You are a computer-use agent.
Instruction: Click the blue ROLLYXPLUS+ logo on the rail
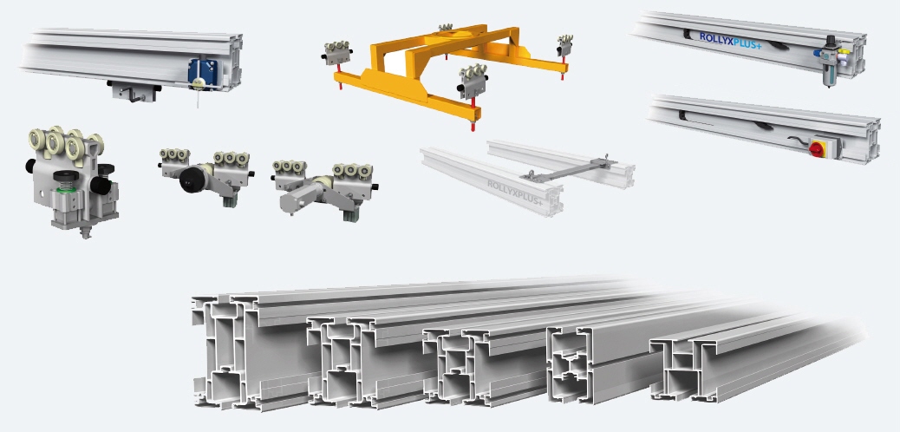pos(730,40)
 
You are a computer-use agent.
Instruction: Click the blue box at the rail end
pos(198,71)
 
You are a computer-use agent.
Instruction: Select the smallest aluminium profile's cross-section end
pos(677,368)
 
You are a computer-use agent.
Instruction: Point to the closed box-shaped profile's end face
pos(568,364)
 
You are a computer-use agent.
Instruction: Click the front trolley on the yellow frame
pos(474,83)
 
